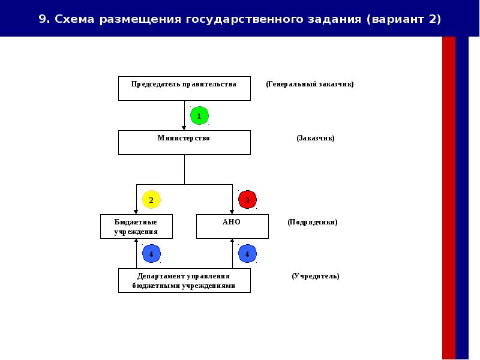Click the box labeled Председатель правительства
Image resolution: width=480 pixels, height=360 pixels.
click(x=184, y=88)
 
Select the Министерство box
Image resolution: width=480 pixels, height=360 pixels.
click(x=184, y=142)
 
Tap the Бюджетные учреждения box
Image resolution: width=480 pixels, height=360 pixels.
click(x=136, y=226)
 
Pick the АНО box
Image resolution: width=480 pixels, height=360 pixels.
click(x=232, y=226)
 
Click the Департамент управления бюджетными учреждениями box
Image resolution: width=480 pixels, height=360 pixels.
click(x=184, y=280)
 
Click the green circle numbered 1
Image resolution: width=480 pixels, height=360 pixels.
click(x=199, y=115)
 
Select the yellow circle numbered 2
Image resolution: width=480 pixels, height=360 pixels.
click(x=151, y=199)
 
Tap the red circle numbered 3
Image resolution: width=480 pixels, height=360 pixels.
click(x=247, y=199)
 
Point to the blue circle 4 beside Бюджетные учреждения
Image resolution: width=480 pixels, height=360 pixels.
click(x=151, y=254)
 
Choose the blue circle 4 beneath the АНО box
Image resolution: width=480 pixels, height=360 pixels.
click(x=247, y=254)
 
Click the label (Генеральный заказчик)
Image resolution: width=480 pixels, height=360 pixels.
click(x=310, y=84)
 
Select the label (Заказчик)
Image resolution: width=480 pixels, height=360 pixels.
click(x=315, y=138)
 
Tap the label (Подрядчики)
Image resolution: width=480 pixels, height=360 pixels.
click(x=312, y=222)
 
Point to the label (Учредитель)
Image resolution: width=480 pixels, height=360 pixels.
click(x=316, y=276)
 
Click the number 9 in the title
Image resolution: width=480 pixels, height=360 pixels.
click(x=42, y=19)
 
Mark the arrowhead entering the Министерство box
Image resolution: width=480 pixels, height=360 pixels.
click(x=184, y=127)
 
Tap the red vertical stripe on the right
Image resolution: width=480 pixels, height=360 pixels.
click(x=448, y=198)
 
